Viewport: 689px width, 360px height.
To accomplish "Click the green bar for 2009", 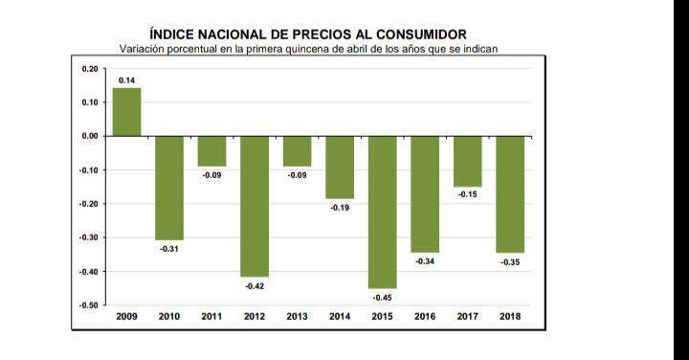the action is point(127,112).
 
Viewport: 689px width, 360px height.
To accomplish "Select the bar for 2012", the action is point(255,207).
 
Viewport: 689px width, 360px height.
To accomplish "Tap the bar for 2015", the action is point(382,213).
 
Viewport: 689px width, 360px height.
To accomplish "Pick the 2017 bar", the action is point(468,161).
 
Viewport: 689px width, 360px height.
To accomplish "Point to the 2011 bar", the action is point(211,151).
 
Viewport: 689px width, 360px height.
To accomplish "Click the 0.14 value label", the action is point(126,80).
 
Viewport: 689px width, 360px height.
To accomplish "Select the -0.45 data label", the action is point(382,298).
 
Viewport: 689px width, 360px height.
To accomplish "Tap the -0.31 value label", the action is point(169,249).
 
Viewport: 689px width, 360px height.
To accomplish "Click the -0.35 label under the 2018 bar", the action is point(510,262).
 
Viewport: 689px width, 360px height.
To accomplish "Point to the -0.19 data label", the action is point(340,208).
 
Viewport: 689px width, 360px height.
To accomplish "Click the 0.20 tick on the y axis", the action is point(90,69).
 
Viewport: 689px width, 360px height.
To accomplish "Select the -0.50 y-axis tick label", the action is point(89,305).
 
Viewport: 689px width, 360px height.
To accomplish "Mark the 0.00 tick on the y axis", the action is point(90,136).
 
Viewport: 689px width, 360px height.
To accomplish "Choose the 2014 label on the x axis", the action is point(340,317).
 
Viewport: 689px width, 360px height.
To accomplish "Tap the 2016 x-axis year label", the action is point(425,317).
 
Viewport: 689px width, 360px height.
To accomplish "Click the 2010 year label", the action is point(169,317).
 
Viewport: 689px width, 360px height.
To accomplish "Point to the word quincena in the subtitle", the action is point(305,49).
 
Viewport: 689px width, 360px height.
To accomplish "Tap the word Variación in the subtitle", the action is point(140,49).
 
